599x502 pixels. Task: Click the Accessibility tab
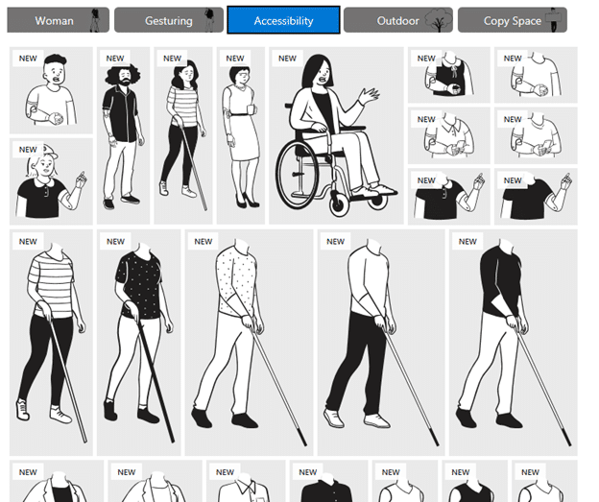click(283, 20)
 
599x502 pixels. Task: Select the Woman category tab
click(58, 20)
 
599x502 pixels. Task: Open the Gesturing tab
click(169, 20)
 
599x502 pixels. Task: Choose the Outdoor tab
click(398, 20)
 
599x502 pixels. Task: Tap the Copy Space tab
click(513, 20)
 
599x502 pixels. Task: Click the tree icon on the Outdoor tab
click(438, 20)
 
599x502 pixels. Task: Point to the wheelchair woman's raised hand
click(369, 95)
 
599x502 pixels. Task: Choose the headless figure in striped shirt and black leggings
click(51, 341)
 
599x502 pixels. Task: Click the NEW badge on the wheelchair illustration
click(287, 59)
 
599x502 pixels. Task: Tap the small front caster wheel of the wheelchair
click(338, 203)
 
